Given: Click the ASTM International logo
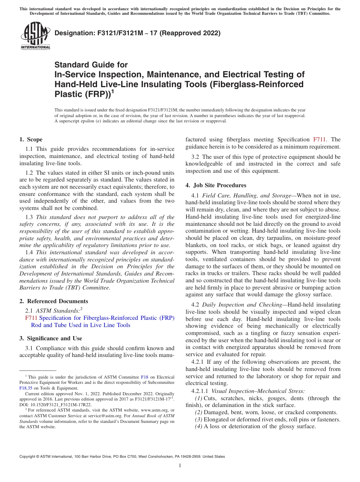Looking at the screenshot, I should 35,36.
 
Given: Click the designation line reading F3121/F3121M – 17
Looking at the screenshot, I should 138,33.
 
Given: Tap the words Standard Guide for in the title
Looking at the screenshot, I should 91,65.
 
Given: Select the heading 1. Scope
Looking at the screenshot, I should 31,139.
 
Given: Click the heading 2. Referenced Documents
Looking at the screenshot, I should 53,301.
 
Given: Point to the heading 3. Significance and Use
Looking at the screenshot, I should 50,338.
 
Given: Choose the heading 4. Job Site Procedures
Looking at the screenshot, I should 216,185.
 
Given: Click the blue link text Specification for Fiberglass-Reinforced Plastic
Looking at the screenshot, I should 106,318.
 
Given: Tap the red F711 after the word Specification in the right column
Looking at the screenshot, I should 319,140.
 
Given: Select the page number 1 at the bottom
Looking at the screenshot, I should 180,466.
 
